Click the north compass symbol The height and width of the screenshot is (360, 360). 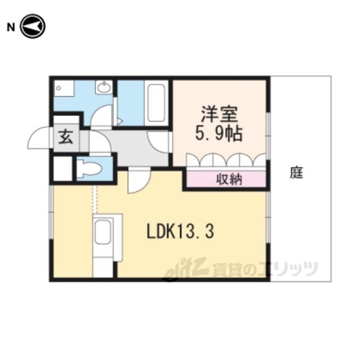click(x=33, y=26)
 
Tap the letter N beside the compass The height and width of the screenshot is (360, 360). click(x=11, y=28)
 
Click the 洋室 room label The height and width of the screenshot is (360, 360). click(x=219, y=114)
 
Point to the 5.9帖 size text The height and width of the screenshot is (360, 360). click(x=219, y=133)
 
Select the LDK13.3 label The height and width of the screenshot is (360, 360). click(x=180, y=231)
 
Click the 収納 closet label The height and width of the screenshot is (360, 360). click(x=229, y=179)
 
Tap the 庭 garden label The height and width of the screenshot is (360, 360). click(x=296, y=173)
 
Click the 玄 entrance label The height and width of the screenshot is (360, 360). click(x=66, y=137)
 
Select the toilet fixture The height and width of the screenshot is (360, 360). click(x=89, y=169)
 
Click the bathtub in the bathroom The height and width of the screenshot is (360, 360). click(x=156, y=103)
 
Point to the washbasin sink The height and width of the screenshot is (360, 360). click(x=104, y=87)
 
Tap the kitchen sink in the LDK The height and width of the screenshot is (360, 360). click(x=102, y=231)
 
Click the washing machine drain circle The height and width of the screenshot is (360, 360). click(x=58, y=88)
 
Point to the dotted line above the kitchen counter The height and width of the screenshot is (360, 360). click(x=95, y=199)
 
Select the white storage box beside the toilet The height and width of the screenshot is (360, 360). click(x=62, y=168)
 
